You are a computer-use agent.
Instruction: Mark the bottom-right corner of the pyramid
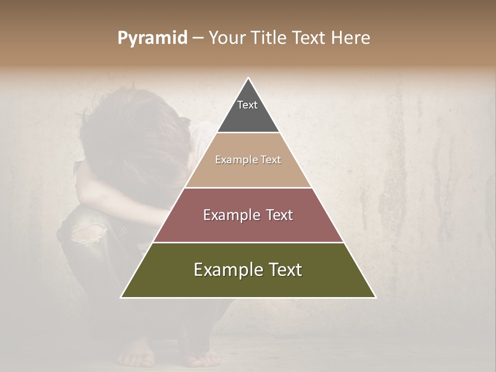pos(375,297)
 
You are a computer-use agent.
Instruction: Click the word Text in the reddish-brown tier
pos(277,215)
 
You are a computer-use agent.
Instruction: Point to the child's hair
pos(129,129)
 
